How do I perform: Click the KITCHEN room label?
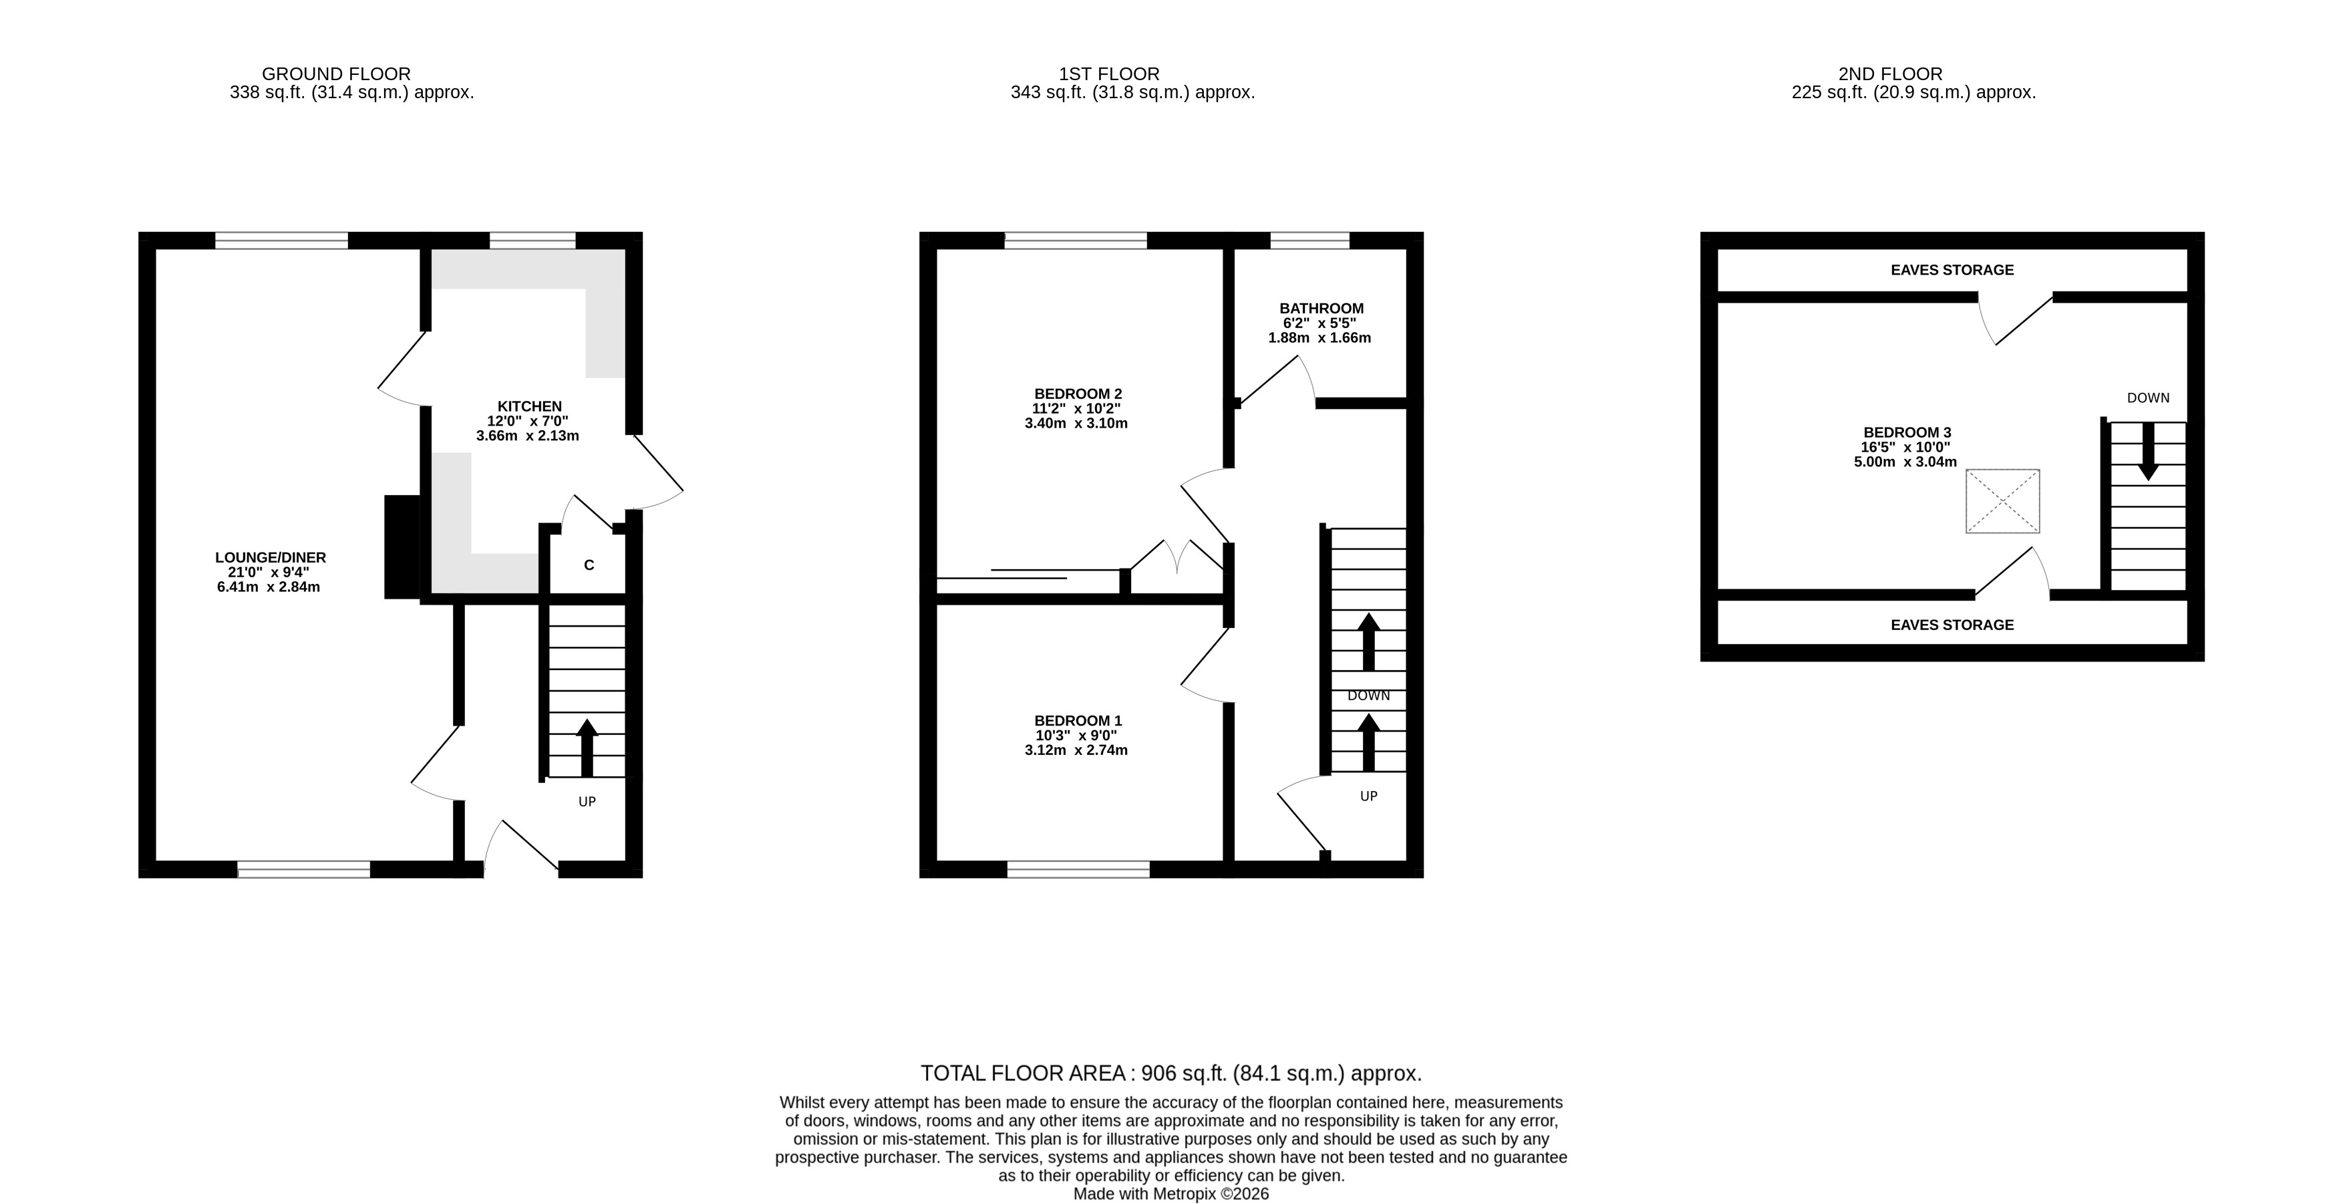[x=529, y=406]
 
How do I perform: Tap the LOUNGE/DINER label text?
[x=270, y=557]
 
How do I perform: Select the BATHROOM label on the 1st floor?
[x=1321, y=308]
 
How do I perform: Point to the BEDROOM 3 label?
[x=1907, y=433]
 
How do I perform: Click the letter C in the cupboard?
[x=589, y=565]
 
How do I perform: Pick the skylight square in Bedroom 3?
[x=2003, y=501]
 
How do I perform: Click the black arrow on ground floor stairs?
[x=587, y=748]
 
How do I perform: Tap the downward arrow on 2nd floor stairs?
[x=2149, y=451]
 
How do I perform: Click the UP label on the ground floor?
[x=587, y=801]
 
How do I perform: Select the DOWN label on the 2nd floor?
[x=2149, y=398]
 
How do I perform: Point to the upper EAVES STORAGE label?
[x=1952, y=270]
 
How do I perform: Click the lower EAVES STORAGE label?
[x=1952, y=625]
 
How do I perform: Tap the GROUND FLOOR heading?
[x=337, y=73]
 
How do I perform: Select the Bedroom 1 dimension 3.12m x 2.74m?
[x=1076, y=750]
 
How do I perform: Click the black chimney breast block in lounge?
[x=403, y=547]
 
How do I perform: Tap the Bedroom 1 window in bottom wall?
[x=1079, y=869]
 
